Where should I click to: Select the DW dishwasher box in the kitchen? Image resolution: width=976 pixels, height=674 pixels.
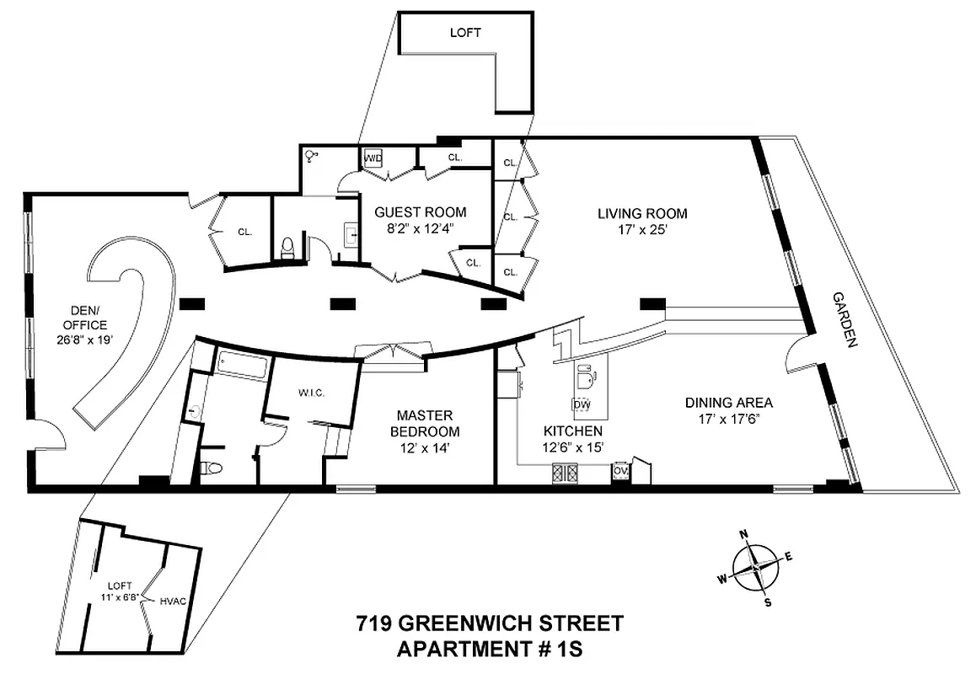tap(581, 404)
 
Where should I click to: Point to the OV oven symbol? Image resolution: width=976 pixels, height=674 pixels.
tap(621, 471)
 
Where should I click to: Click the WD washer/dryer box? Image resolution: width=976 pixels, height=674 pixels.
tap(373, 158)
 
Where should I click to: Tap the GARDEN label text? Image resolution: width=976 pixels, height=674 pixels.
tap(844, 320)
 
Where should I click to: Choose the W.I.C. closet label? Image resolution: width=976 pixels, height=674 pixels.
tap(311, 393)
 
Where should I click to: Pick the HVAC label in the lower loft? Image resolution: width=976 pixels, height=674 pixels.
tap(174, 602)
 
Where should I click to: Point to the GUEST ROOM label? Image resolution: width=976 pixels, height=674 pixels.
tap(420, 212)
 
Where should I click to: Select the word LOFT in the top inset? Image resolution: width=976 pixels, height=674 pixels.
tap(465, 33)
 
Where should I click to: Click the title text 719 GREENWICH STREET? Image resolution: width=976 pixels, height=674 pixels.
tap(489, 624)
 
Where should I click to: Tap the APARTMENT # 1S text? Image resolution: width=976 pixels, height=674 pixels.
tap(490, 649)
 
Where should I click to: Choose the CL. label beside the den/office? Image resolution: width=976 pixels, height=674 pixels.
tap(245, 231)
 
